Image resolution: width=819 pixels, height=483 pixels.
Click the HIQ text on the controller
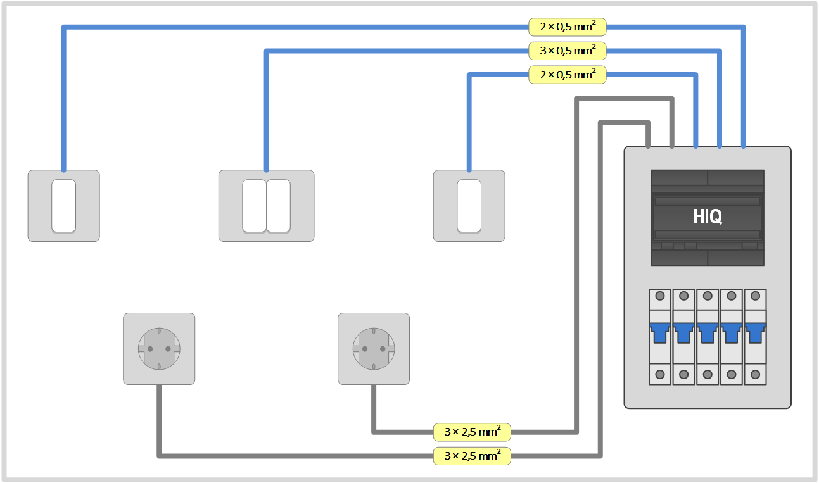[708, 217]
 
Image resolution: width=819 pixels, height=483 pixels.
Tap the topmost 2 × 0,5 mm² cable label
[568, 27]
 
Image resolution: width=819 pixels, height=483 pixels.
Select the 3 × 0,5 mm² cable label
[568, 51]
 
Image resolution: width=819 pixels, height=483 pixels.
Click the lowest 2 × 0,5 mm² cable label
[568, 75]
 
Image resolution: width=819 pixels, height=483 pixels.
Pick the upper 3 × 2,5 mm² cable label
[472, 432]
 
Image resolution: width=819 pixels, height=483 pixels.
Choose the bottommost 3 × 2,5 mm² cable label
[472, 455]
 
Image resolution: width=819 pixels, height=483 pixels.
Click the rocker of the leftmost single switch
[63, 206]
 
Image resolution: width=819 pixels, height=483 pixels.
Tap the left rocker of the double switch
[254, 206]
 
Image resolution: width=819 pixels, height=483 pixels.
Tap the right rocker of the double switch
[278, 206]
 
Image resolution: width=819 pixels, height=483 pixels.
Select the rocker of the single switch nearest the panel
[469, 206]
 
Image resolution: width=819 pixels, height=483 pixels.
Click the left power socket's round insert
[159, 349]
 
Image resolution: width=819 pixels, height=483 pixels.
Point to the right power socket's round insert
[374, 349]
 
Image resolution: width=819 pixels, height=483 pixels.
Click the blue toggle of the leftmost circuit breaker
[659, 331]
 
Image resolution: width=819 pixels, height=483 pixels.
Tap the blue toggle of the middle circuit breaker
[708, 331]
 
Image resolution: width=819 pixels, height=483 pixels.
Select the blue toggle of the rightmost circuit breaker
[755, 331]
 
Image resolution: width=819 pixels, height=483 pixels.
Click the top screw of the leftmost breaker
[659, 296]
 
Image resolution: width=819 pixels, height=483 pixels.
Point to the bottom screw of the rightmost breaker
[755, 374]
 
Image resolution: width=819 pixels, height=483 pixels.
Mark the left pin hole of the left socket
[150, 349]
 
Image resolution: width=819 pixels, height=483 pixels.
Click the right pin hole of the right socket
[383, 349]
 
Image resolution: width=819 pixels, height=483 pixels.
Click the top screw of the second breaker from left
[683, 296]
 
